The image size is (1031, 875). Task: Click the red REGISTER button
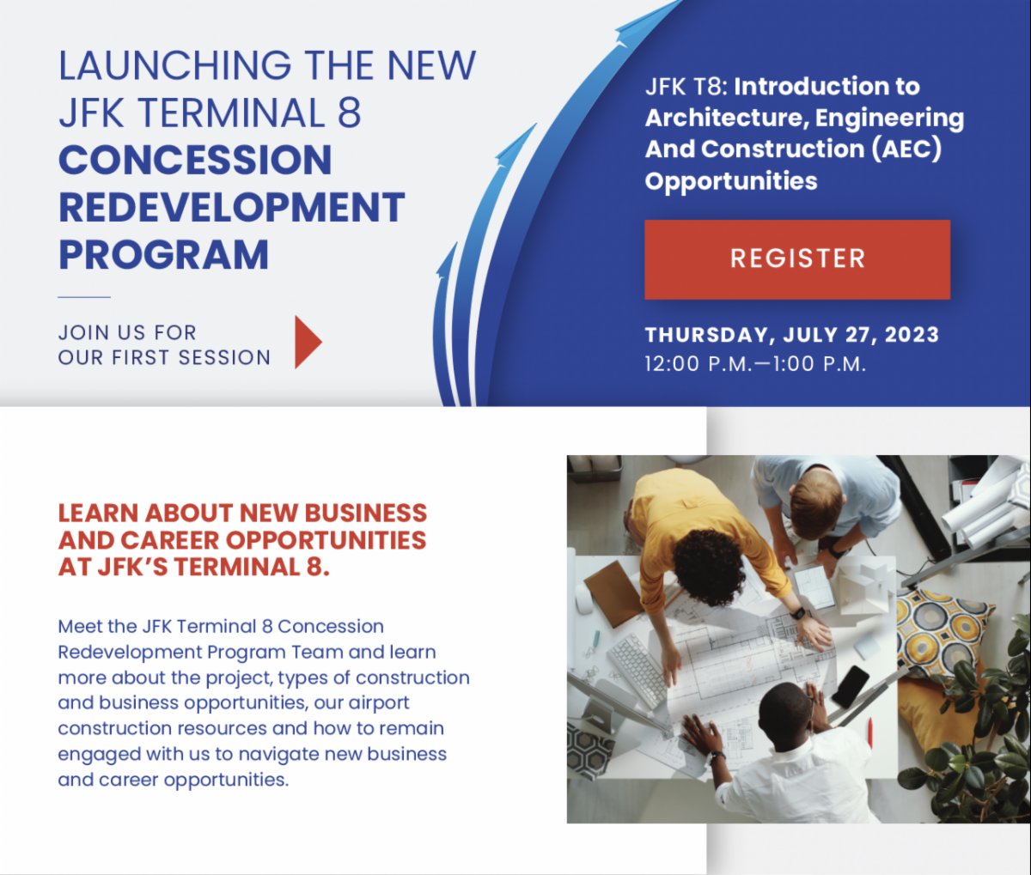pos(797,259)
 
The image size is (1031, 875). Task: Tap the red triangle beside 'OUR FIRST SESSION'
pos(306,342)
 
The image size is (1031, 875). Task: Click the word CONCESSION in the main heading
pos(195,161)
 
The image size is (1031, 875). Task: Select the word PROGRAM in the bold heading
pos(163,255)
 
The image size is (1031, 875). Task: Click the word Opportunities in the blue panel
pos(731,181)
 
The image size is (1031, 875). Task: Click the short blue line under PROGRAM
pos(84,297)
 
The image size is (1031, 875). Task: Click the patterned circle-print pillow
pos(943,631)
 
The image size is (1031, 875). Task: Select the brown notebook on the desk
pos(613,593)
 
